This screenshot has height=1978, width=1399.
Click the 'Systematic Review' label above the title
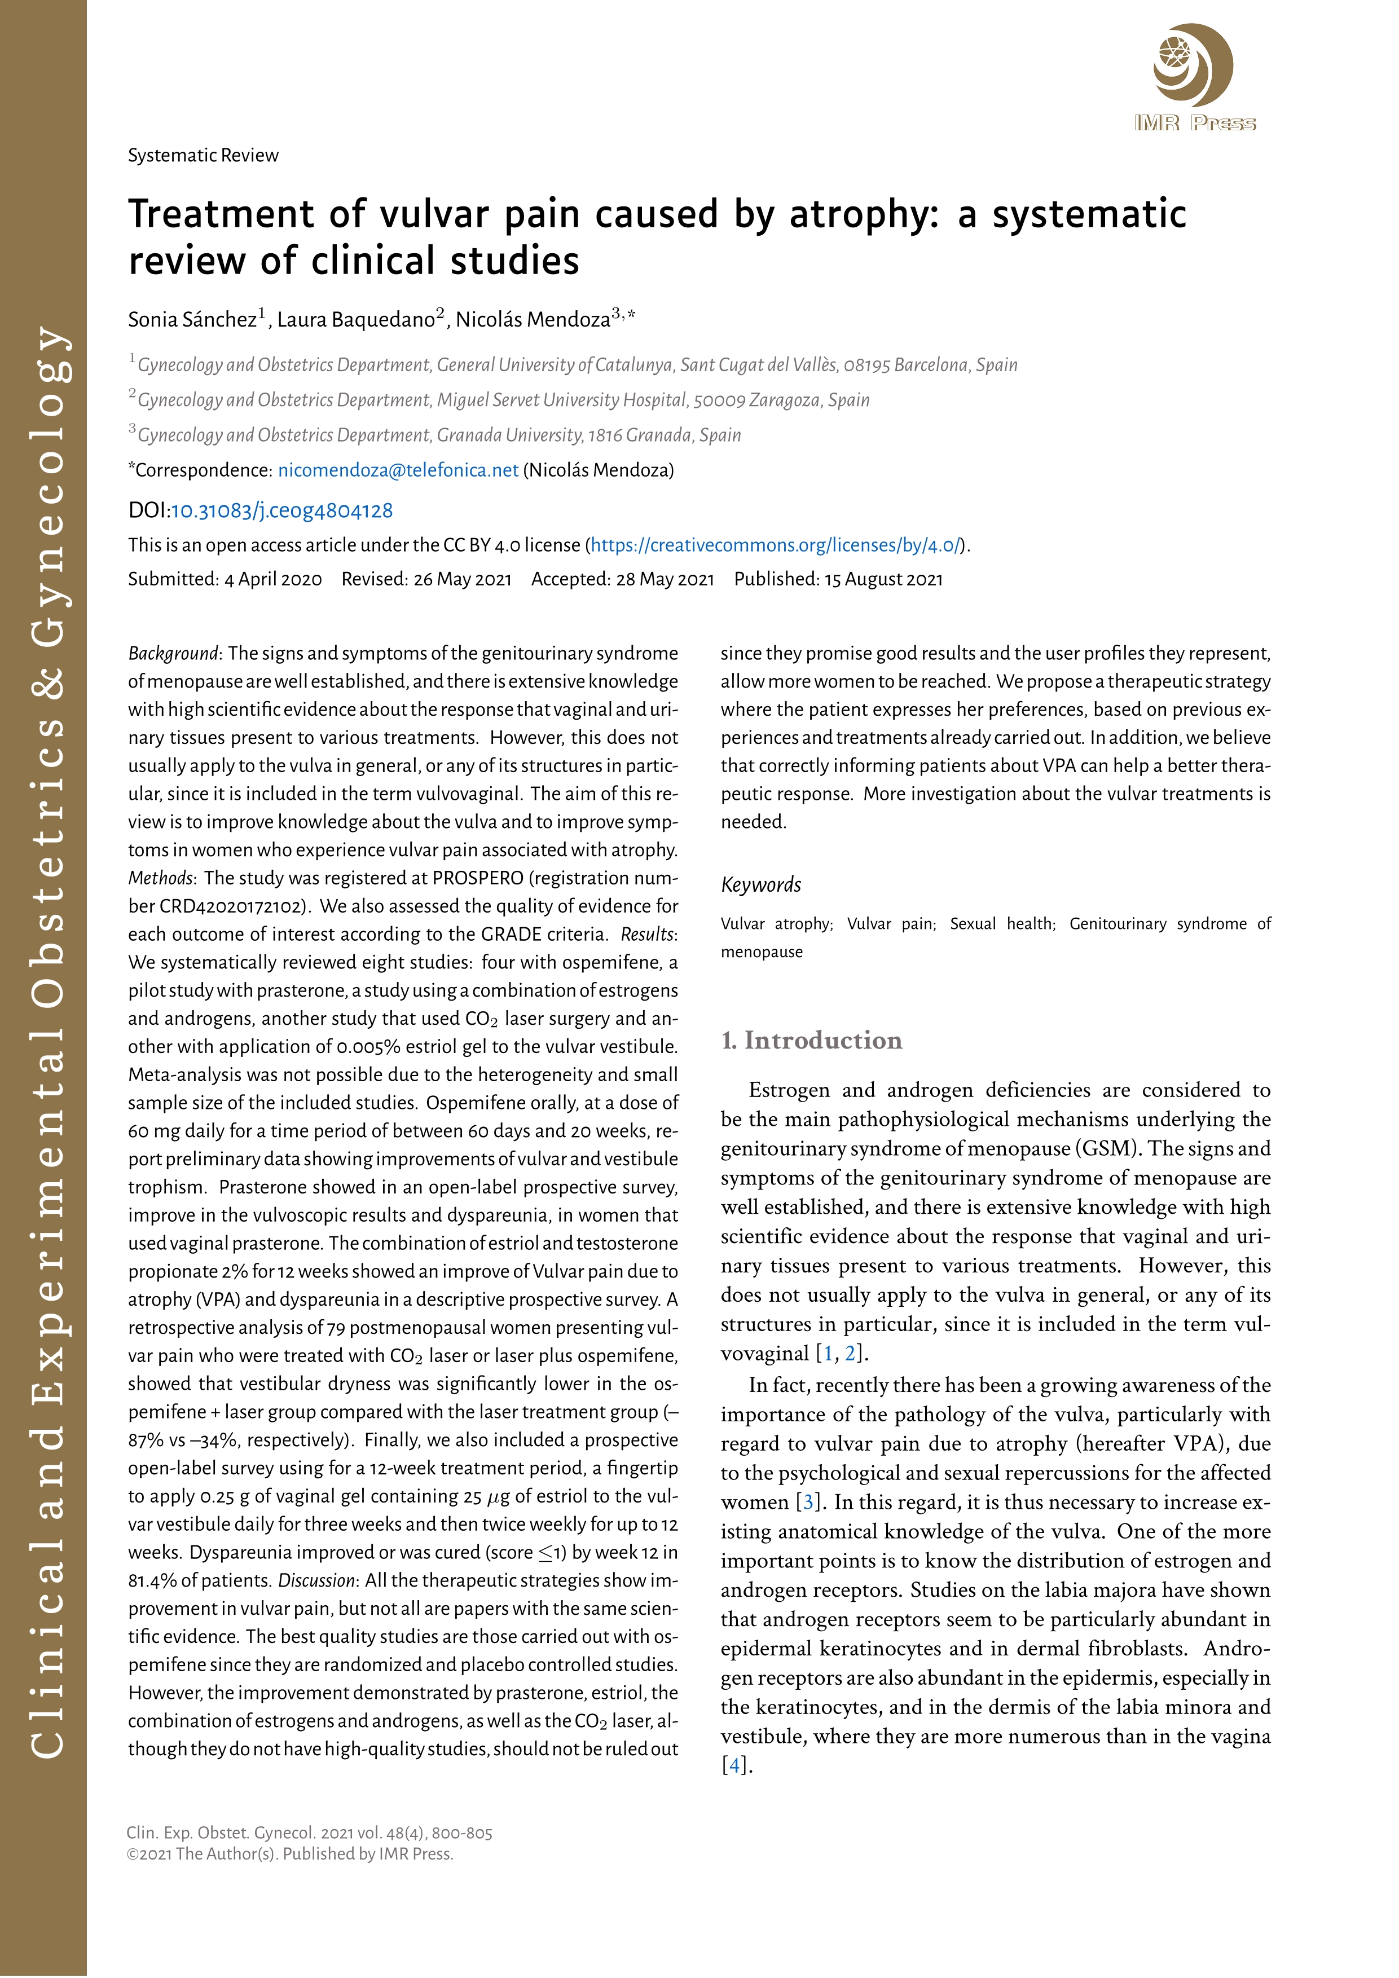point(203,156)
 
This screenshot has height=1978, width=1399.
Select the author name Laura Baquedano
point(356,320)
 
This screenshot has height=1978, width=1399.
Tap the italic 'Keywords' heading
point(760,885)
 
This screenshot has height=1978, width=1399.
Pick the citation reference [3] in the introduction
point(808,1503)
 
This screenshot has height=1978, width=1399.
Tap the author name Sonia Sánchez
point(193,320)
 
